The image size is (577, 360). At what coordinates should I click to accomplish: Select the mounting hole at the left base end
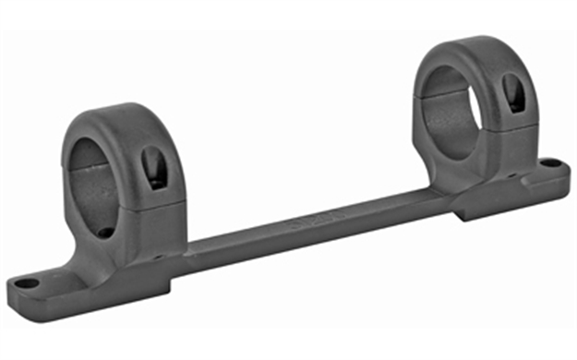[30, 283]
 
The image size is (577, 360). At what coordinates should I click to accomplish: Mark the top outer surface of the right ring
[471, 46]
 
